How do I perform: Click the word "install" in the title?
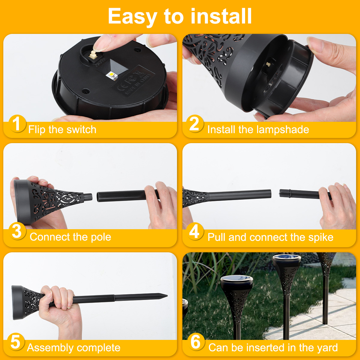click(x=221, y=16)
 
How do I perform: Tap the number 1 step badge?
click(x=17, y=124)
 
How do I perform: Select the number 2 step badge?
click(x=195, y=124)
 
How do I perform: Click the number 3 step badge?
click(x=17, y=231)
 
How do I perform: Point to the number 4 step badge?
click(x=195, y=231)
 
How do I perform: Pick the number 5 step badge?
click(x=16, y=342)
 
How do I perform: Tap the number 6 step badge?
click(x=195, y=342)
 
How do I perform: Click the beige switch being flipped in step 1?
click(x=93, y=55)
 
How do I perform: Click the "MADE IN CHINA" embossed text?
click(x=138, y=84)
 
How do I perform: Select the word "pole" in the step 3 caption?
click(x=101, y=237)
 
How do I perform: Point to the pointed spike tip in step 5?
click(x=167, y=296)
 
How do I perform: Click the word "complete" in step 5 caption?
click(x=98, y=348)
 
